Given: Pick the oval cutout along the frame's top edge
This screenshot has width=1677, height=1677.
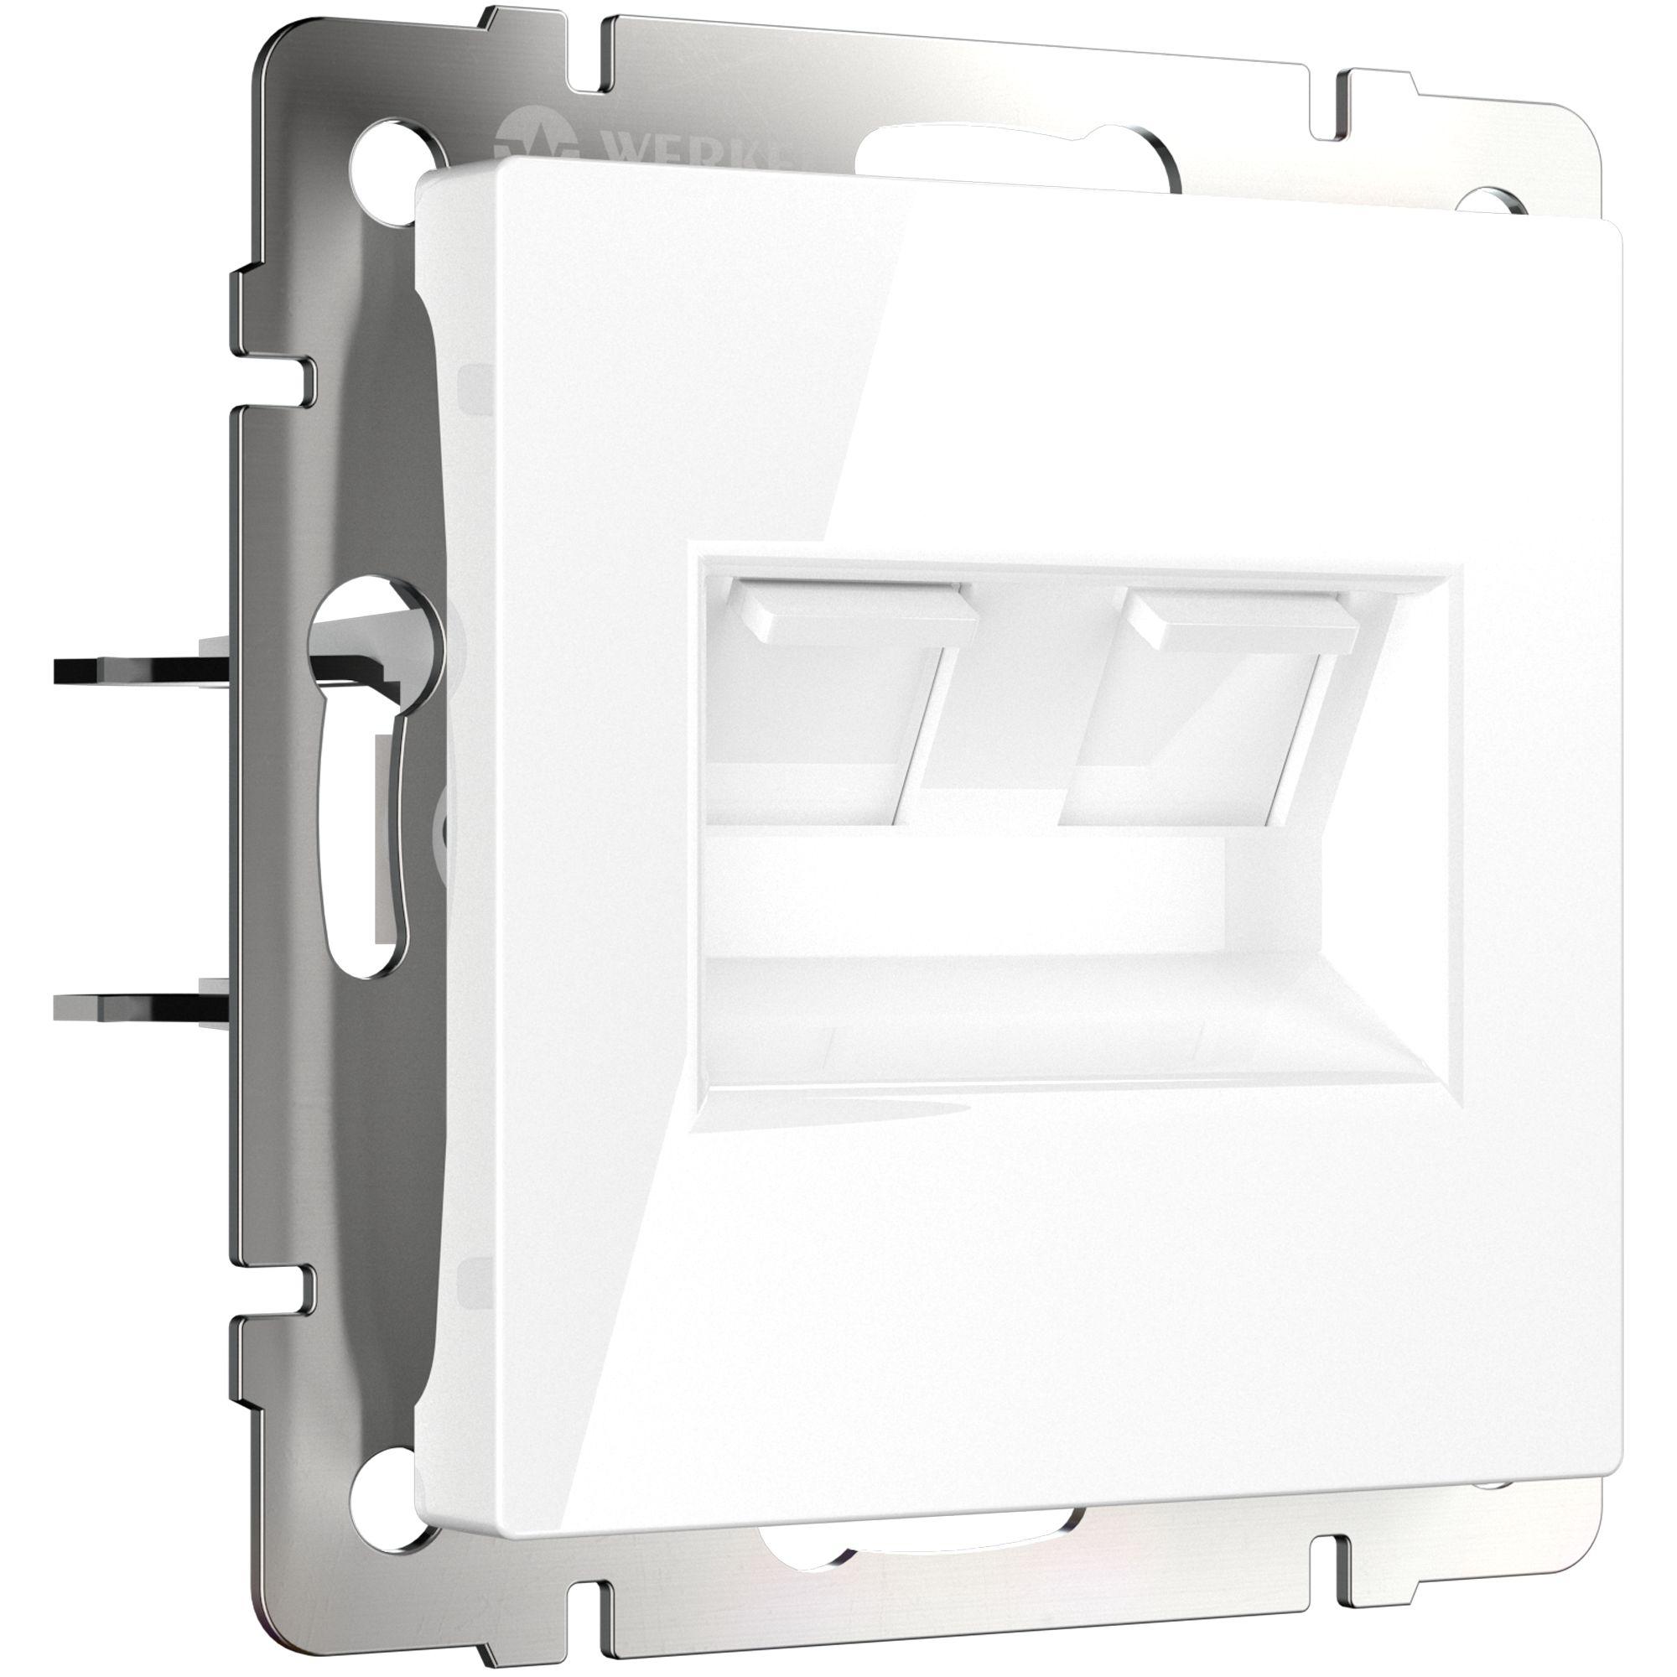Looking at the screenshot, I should click(1015, 156).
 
